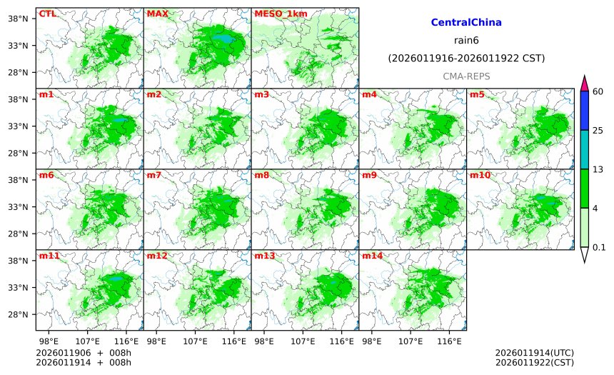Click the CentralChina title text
pyautogui.click(x=466, y=23)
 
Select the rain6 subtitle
pyautogui.click(x=466, y=40)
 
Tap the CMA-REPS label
pyautogui.click(x=466, y=76)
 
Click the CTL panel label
pyautogui.click(x=47, y=14)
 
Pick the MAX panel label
pyautogui.click(x=157, y=14)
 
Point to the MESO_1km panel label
pyautogui.click(x=275, y=14)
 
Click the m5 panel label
pyautogui.click(x=476, y=94)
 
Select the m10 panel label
pyautogui.click(x=479, y=175)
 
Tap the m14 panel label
pyautogui.click(x=371, y=256)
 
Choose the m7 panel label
pyautogui.click(x=154, y=175)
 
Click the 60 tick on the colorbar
pyautogui.click(x=599, y=91)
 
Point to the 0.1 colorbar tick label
pyautogui.click(x=599, y=248)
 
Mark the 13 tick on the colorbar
pyautogui.click(x=599, y=169)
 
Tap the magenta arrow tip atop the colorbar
pyautogui.click(x=584, y=82)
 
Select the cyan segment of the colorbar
pyautogui.click(x=584, y=149)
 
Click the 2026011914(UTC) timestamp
pyautogui.click(x=534, y=353)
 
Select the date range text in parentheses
pyautogui.click(x=466, y=58)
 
